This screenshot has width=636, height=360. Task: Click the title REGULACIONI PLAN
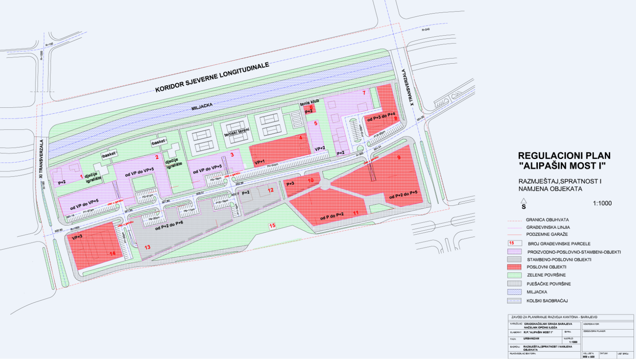tap(564, 156)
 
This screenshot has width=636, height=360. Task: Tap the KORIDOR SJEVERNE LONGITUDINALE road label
tap(212, 77)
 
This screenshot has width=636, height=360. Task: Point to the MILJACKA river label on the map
tap(202, 107)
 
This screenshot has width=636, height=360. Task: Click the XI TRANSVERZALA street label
tap(41, 159)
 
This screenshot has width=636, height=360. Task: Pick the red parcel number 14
tap(113, 253)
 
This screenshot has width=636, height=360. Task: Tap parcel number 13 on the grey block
tap(147, 247)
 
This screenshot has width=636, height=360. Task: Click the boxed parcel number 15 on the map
tap(272, 226)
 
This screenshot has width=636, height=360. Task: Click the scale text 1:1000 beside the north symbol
tap(602, 203)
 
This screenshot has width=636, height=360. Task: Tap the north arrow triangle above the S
tap(523, 201)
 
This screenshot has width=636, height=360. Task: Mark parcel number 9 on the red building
tap(399, 158)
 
